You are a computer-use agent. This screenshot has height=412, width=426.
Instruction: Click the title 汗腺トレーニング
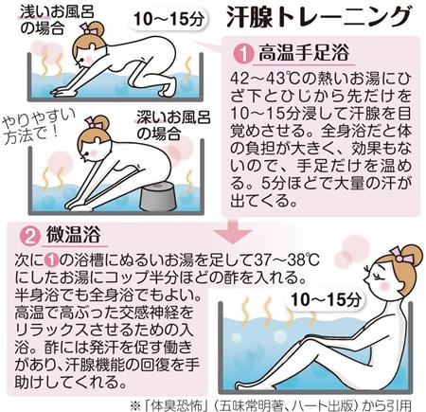point(319,17)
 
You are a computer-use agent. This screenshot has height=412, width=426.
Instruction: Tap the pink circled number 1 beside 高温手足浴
point(243,54)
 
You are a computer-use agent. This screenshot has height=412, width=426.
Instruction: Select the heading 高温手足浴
point(304,52)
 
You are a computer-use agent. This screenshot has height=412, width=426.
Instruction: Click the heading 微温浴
point(74,235)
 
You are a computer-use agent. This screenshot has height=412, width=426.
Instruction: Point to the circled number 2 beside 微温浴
point(30,236)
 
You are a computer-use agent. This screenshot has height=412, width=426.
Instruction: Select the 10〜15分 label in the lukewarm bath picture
point(326,299)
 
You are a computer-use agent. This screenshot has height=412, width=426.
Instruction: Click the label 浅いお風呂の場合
point(57,20)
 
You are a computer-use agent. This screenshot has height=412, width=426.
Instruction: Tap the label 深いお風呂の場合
point(173,126)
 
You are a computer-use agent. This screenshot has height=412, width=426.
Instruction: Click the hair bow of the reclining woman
point(401,255)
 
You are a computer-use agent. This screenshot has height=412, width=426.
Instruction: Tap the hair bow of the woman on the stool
point(95,122)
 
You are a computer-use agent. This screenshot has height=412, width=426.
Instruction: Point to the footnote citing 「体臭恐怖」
point(271,405)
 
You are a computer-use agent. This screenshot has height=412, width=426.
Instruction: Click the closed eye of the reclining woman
point(378,275)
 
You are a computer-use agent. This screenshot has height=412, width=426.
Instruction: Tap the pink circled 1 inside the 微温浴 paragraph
point(51,260)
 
